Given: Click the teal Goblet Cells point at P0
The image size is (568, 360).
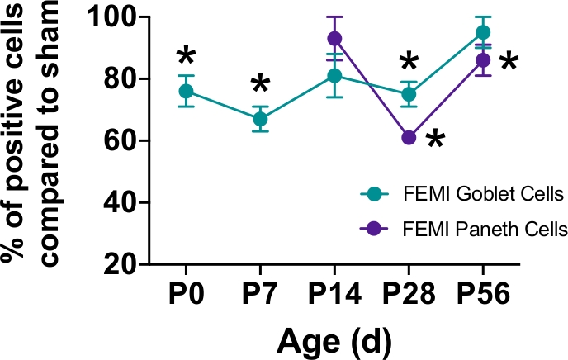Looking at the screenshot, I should pyautogui.click(x=187, y=91).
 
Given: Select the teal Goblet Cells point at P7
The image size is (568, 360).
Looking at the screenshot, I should pyautogui.click(x=260, y=119).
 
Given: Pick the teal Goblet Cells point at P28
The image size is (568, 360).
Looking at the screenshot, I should pyautogui.click(x=409, y=94).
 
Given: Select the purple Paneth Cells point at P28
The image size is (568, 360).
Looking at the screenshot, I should pyautogui.click(x=409, y=137).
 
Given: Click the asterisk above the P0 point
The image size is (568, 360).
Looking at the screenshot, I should pyautogui.click(x=187, y=58).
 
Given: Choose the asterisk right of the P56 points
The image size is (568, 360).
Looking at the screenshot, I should pyautogui.click(x=509, y=63).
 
